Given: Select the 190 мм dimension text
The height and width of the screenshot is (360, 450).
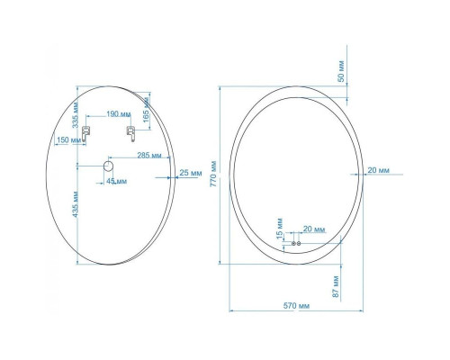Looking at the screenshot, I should pyautogui.click(x=118, y=115).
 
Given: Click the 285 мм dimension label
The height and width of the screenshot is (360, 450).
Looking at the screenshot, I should pyautogui.click(x=148, y=155).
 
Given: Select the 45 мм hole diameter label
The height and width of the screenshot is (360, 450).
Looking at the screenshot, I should pyautogui.click(x=117, y=181).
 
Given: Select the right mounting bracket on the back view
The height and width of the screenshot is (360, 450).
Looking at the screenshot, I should pyautogui.click(x=130, y=132).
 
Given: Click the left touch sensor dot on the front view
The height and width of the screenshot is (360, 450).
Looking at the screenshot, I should pyautogui.click(x=292, y=243).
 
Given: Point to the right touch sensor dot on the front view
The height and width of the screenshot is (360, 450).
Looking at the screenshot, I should pyautogui.click(x=300, y=243).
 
